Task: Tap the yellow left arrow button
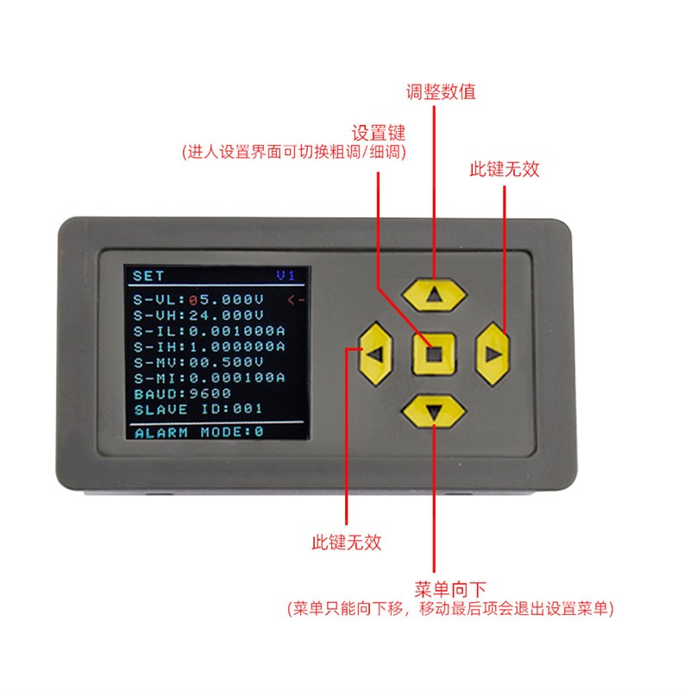[375, 354]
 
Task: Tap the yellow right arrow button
[492, 354]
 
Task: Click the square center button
[434, 354]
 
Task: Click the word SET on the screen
[148, 276]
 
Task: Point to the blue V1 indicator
[285, 276]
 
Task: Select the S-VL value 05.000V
[226, 299]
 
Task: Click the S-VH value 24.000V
[226, 315]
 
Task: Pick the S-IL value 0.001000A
[236, 331]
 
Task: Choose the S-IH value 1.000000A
[236, 347]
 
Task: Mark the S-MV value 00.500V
[226, 362]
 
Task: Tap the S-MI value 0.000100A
[236, 378]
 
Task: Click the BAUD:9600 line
[182, 393]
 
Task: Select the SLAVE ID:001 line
[198, 409]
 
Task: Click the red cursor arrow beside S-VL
[296, 300]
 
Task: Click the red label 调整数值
[441, 92]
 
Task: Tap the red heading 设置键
[378, 133]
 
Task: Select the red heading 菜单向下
[449, 589]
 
